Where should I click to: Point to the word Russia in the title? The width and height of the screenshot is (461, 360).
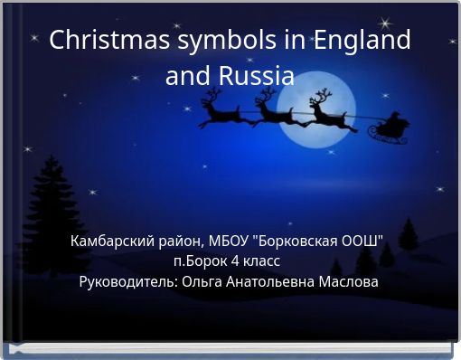pyautogui.click(x=257, y=76)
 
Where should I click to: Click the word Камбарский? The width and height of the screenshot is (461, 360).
pyautogui.click(x=110, y=242)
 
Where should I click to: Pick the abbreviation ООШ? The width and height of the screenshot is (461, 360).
pyautogui.click(x=366, y=242)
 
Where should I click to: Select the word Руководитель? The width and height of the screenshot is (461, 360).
pyautogui.click(x=127, y=282)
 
